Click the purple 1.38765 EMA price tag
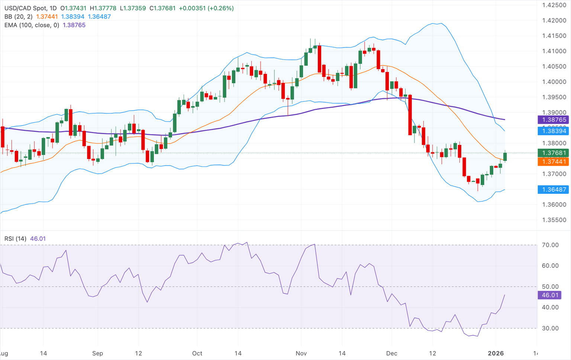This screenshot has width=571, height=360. pos(554,120)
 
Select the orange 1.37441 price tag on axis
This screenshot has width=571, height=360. pos(554,162)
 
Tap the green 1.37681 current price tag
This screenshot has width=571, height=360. pos(554,153)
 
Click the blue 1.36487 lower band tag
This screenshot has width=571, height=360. pos(554,189)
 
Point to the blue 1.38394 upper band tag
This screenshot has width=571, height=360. pos(554,131)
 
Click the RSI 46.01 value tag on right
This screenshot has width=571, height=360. pos(550,295)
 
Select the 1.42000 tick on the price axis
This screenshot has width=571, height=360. pos(554,20)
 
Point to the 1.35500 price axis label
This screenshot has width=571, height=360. pos(554,220)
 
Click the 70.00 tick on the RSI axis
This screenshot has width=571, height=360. pos(550,245)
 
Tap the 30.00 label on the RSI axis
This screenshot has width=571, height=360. pos(550,328)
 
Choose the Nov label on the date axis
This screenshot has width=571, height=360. pos(301,353)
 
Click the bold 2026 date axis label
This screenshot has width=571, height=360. pos(496,353)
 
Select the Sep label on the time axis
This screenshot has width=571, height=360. pos(97,353)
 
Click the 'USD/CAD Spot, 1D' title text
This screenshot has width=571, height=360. pos(30,8)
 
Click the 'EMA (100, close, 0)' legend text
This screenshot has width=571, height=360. pos(32,25)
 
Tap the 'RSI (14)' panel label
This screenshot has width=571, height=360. pos(15,239)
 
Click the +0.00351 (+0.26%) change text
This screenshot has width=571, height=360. pos(206,8)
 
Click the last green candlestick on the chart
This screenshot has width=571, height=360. pos(505,156)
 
